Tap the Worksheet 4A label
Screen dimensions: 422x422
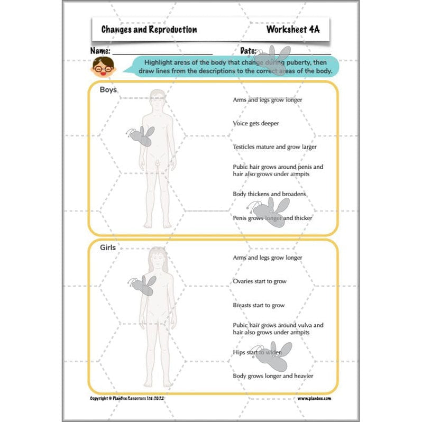[x=292, y=30]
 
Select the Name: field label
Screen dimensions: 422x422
[x=100, y=51]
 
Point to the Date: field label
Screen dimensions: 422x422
[x=249, y=51]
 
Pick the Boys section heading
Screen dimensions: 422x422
[x=108, y=90]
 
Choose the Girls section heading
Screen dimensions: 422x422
[x=108, y=247]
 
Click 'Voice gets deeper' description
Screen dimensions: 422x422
[x=255, y=123]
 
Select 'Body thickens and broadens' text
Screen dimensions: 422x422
[x=269, y=194]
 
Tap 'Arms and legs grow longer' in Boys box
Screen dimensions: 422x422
[x=267, y=99]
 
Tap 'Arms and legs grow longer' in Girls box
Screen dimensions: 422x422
[x=267, y=258]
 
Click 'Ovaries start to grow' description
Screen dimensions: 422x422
[x=259, y=281]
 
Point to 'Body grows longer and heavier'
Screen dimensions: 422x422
[x=273, y=376]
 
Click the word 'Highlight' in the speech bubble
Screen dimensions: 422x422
[x=159, y=62]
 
